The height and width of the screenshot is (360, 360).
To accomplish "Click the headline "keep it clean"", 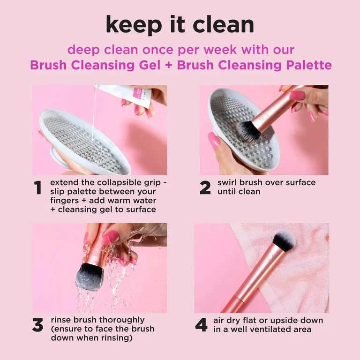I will point(180,24).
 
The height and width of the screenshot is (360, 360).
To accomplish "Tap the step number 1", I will point(38,187).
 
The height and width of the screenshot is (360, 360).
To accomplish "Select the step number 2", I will point(205,187).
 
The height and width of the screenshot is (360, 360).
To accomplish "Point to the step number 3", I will point(37,325).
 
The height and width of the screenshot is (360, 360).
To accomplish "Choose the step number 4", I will point(202,325).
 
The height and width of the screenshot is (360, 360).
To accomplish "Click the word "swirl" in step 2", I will point(228,182).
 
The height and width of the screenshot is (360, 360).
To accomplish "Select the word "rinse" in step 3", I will point(61,320).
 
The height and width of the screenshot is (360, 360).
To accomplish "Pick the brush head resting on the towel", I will point(284,240).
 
